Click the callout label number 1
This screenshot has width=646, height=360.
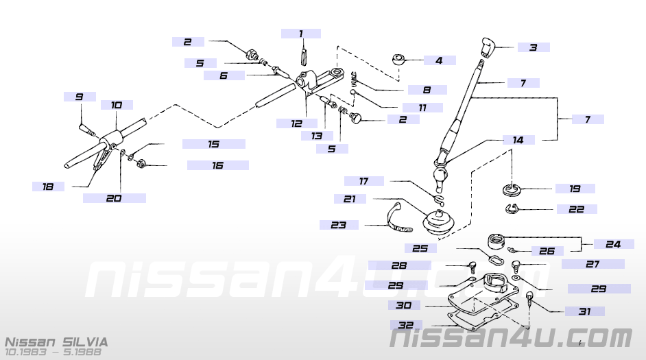click(x=300, y=33)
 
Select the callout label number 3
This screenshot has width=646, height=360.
click(x=532, y=47)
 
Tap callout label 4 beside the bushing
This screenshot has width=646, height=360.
click(x=439, y=60)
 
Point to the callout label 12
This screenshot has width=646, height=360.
click(x=296, y=123)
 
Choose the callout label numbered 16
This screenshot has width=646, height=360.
click(x=217, y=165)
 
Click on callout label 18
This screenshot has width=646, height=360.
click(x=48, y=186)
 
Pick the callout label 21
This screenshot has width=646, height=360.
click(x=350, y=199)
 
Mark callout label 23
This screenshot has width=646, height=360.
click(x=338, y=224)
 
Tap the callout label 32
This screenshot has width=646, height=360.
click(x=405, y=325)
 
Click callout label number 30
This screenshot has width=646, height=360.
click(x=404, y=304)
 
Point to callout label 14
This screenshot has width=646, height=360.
click(x=518, y=139)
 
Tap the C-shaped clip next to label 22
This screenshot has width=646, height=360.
click(x=512, y=209)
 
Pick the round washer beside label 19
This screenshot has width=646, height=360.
click(x=512, y=187)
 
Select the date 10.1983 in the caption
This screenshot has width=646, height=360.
click(x=23, y=352)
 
